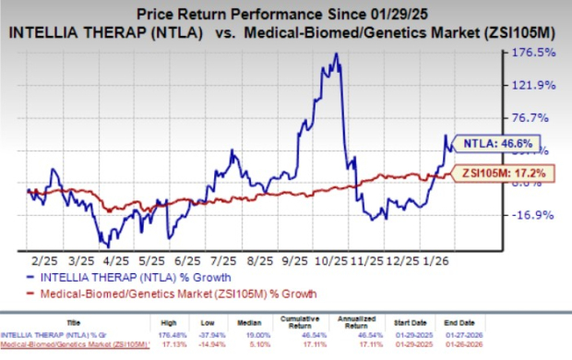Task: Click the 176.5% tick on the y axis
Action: click(x=534, y=53)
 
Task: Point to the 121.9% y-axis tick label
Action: click(x=534, y=85)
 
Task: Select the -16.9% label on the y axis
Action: click(x=534, y=215)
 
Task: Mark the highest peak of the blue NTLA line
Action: click(x=337, y=54)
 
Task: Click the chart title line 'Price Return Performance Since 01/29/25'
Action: click(x=293, y=14)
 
